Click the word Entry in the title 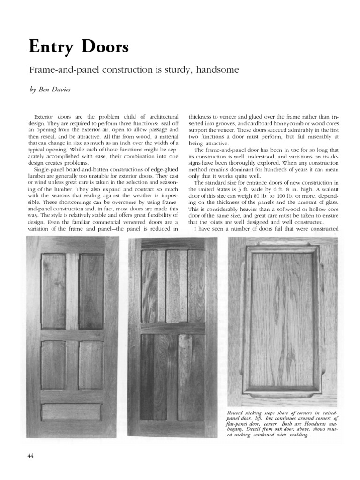(51, 47)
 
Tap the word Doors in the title (104, 47)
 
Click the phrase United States (215, 189)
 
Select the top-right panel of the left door (91, 291)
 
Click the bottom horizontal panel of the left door (71, 412)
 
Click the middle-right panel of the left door (91, 365)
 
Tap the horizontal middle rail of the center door (173, 328)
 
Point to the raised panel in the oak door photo (282, 319)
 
